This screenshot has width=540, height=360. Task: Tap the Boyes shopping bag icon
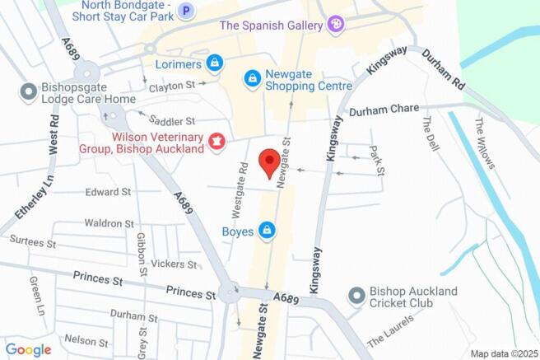click(x=267, y=231)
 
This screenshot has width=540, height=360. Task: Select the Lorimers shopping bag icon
click(x=214, y=63)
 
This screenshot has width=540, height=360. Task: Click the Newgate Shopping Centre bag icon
click(x=252, y=79)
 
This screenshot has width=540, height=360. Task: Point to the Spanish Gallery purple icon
click(x=335, y=26)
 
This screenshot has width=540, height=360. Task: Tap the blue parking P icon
click(x=187, y=12)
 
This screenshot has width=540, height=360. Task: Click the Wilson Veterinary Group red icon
click(x=217, y=143)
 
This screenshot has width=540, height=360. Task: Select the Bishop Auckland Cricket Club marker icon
click(x=356, y=295)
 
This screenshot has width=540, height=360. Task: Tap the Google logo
click(x=28, y=350)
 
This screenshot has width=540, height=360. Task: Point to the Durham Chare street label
click(x=384, y=112)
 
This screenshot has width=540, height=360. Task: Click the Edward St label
click(x=108, y=192)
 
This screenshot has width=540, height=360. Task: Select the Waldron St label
click(x=109, y=223)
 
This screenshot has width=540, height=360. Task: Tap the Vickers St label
click(x=175, y=264)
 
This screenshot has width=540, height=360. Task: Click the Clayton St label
click(x=170, y=86)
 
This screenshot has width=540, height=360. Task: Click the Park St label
click(x=377, y=159)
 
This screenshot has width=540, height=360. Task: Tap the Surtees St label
click(x=33, y=244)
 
